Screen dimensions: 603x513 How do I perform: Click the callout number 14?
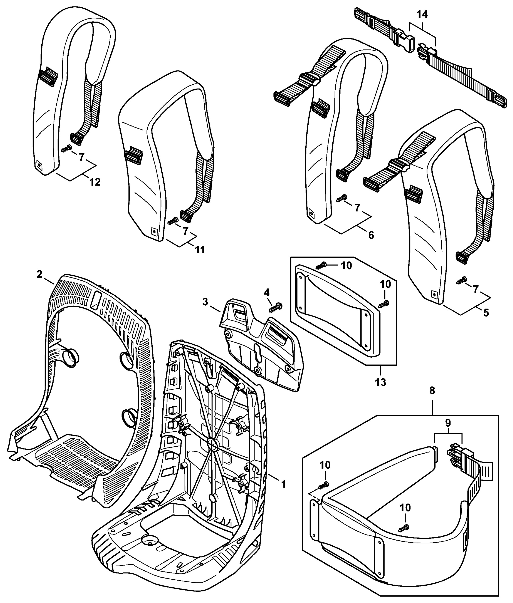422,15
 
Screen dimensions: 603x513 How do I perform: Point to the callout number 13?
380,382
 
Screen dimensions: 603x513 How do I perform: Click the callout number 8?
432,391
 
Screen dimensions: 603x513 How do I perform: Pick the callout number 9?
448,423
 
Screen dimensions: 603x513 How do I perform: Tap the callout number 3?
205,302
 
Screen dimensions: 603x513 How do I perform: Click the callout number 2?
39,274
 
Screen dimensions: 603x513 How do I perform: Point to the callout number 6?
371,235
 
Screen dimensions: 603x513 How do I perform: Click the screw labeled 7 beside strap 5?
461,280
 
